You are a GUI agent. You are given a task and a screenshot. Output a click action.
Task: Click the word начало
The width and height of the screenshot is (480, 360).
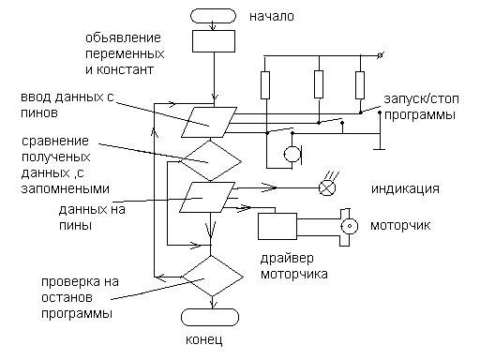point(272,17)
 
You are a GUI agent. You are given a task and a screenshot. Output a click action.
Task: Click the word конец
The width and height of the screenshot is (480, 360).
point(204,339)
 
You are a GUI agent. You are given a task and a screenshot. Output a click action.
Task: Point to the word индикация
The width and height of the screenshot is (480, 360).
point(405,189)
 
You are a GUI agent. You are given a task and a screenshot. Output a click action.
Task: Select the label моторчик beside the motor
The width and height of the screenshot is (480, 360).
point(400,225)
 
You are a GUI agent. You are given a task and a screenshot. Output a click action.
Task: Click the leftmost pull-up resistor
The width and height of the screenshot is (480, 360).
point(265,85)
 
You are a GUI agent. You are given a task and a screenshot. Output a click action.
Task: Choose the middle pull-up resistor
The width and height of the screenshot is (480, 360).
point(319,84)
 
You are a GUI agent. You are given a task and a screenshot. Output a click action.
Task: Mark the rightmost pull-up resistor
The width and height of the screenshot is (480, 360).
point(360,85)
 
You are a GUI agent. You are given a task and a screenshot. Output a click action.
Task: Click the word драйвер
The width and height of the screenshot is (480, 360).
point(287,259)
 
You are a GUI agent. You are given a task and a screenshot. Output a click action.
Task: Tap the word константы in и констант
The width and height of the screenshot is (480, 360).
point(125,69)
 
